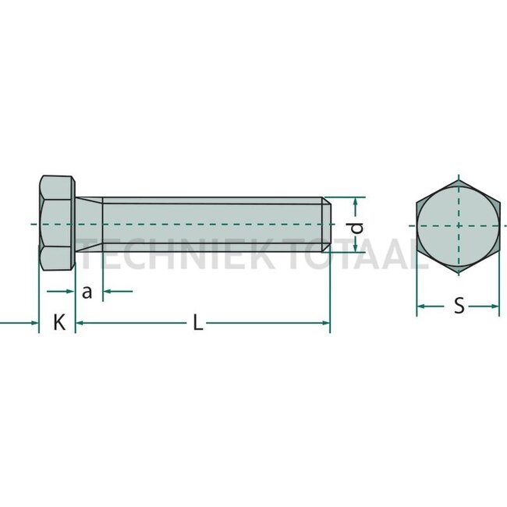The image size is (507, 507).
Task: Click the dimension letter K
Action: pos(58,322)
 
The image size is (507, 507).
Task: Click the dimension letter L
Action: pos(198,322)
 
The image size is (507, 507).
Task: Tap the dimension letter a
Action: pos(87,292)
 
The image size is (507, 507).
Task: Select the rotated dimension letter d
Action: pos(356,227)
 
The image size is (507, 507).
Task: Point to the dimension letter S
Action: pos(459,307)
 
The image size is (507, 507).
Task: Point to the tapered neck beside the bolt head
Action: pos(88,225)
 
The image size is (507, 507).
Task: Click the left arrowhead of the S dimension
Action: pos(420,307)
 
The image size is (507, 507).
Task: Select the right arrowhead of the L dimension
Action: pos(325,321)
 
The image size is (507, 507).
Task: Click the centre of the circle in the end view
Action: pos(458,225)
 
